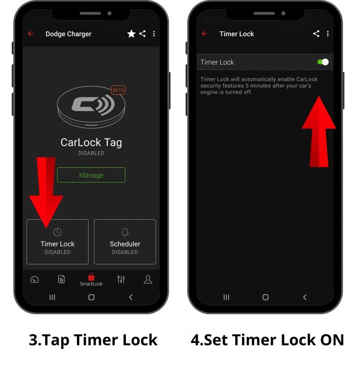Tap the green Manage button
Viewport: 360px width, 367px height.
point(91,175)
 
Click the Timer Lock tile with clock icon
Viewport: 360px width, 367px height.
point(57,242)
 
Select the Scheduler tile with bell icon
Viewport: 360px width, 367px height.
point(125,242)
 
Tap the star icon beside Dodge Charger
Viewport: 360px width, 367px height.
point(131,34)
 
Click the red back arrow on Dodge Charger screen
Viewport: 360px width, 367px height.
point(31,34)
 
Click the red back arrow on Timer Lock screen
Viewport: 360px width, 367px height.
point(205,34)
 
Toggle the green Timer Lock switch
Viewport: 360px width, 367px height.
point(323,62)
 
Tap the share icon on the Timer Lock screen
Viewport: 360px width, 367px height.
point(316,34)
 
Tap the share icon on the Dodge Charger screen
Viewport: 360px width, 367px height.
point(143,34)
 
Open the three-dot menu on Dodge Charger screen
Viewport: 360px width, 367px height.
point(154,34)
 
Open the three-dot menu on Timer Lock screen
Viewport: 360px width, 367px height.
point(328,34)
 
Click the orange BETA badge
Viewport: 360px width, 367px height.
point(118,90)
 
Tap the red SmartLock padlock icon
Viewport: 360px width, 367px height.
point(91,277)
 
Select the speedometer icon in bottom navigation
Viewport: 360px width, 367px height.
point(34,279)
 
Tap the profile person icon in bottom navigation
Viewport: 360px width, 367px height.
point(148,279)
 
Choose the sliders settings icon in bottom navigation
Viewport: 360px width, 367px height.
point(121,279)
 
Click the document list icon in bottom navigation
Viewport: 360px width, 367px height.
point(61,279)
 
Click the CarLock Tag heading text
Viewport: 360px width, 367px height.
point(91,142)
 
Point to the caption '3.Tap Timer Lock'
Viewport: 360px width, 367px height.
point(93,340)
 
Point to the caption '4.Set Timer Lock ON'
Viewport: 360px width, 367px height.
point(267,340)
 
